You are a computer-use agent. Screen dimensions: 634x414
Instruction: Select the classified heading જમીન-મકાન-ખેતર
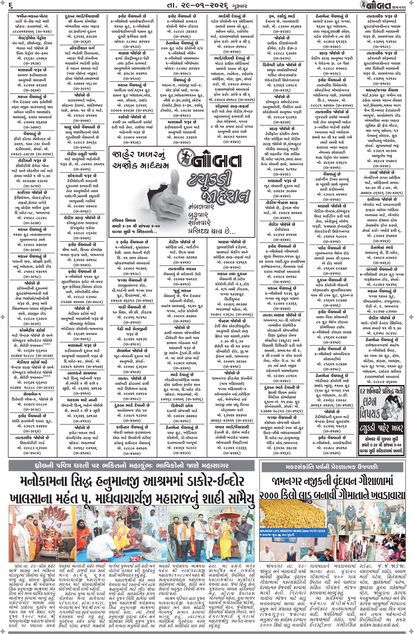coord(32,16)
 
